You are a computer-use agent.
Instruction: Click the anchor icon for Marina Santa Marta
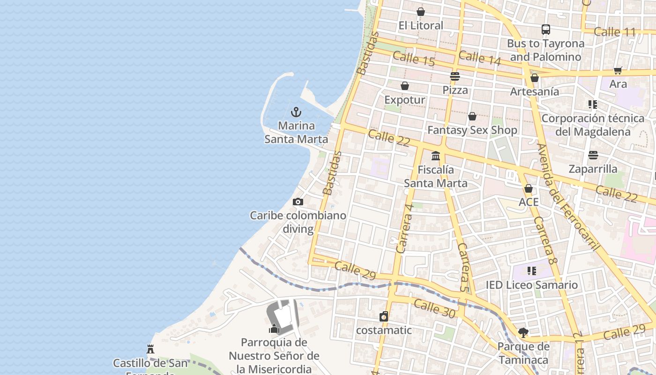coord(296,112)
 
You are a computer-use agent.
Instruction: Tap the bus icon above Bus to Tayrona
coord(545,30)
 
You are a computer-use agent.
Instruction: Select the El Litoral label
coord(420,25)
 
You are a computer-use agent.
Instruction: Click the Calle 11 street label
coord(614,32)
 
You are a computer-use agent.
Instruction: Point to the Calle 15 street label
coord(414,59)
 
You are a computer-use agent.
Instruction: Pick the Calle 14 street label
coord(479,58)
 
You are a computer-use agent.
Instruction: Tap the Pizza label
coord(455,90)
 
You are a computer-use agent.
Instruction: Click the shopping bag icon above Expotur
coord(405,86)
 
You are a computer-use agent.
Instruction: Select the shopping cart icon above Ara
coord(618,70)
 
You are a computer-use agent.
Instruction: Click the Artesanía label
coord(534,91)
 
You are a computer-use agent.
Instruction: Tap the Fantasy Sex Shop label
coord(472,130)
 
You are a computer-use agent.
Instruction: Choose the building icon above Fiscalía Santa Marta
coord(436,156)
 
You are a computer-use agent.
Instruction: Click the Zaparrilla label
coord(593,169)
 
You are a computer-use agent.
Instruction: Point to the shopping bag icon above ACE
coord(529,188)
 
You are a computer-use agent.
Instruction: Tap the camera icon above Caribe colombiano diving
coord(298,202)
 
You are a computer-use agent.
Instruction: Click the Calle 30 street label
coord(434,309)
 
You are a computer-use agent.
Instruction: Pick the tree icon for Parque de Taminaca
coord(523,333)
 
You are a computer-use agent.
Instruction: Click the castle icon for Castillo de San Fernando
coord(150,349)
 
